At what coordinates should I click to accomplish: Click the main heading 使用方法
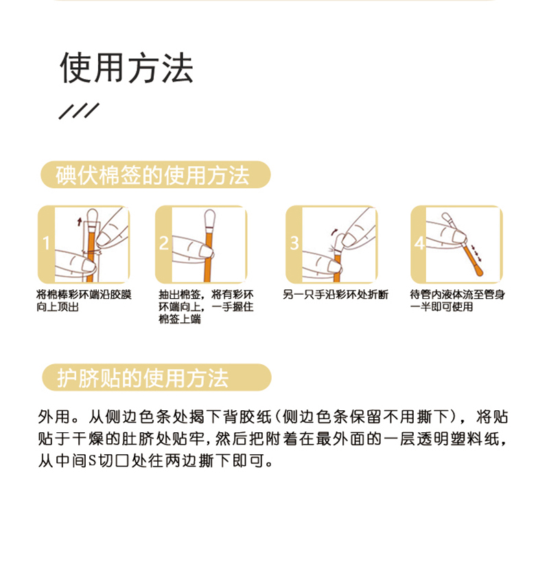pos(126,67)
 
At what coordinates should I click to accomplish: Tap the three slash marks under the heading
pos(79,111)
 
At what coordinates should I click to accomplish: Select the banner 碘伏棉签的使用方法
pos(154,175)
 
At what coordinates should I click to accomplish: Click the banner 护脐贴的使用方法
pos(154,377)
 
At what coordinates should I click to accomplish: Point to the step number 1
pos(46,243)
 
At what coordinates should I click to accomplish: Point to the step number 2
pos(164,243)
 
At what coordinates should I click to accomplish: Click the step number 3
pos(294,243)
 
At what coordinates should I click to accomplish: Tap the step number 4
pos(419,243)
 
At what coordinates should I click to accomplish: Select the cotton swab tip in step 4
pos(447,221)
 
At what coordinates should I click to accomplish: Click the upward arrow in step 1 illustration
pos(80,220)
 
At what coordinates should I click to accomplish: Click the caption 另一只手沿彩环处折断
pos(336,295)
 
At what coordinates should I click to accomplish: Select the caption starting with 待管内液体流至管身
pos(457,300)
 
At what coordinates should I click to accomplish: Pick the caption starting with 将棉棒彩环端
pos(84,300)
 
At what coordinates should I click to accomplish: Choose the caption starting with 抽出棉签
pos(205,306)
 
